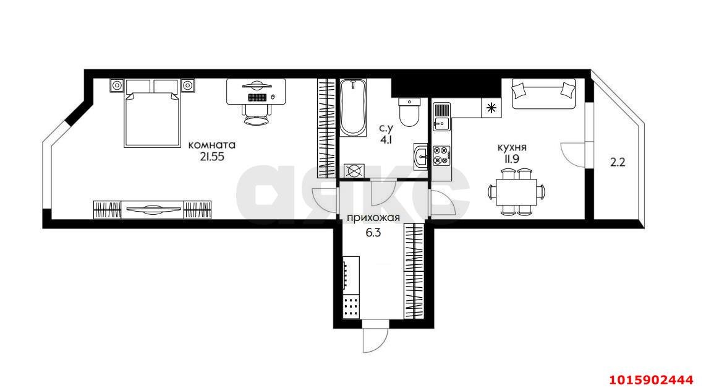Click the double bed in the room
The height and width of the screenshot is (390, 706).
[x=151, y=113]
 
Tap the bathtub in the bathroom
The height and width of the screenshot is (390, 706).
[x=353, y=108]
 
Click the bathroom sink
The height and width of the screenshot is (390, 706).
[x=420, y=157]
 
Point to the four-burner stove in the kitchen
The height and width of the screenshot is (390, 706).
[x=441, y=155]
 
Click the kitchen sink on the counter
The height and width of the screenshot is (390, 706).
[x=441, y=116]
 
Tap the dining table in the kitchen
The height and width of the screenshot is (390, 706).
[x=516, y=192]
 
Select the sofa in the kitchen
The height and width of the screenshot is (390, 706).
[x=543, y=93]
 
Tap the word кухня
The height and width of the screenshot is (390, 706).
[x=512, y=147]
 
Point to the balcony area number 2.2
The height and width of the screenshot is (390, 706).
[x=618, y=162]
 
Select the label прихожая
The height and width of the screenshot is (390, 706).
[x=373, y=219]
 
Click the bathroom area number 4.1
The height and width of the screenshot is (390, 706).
[x=386, y=140]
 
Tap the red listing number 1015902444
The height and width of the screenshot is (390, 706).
[x=651, y=379]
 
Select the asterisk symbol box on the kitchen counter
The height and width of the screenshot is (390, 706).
[x=491, y=108]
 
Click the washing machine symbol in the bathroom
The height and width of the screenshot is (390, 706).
[x=354, y=171]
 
